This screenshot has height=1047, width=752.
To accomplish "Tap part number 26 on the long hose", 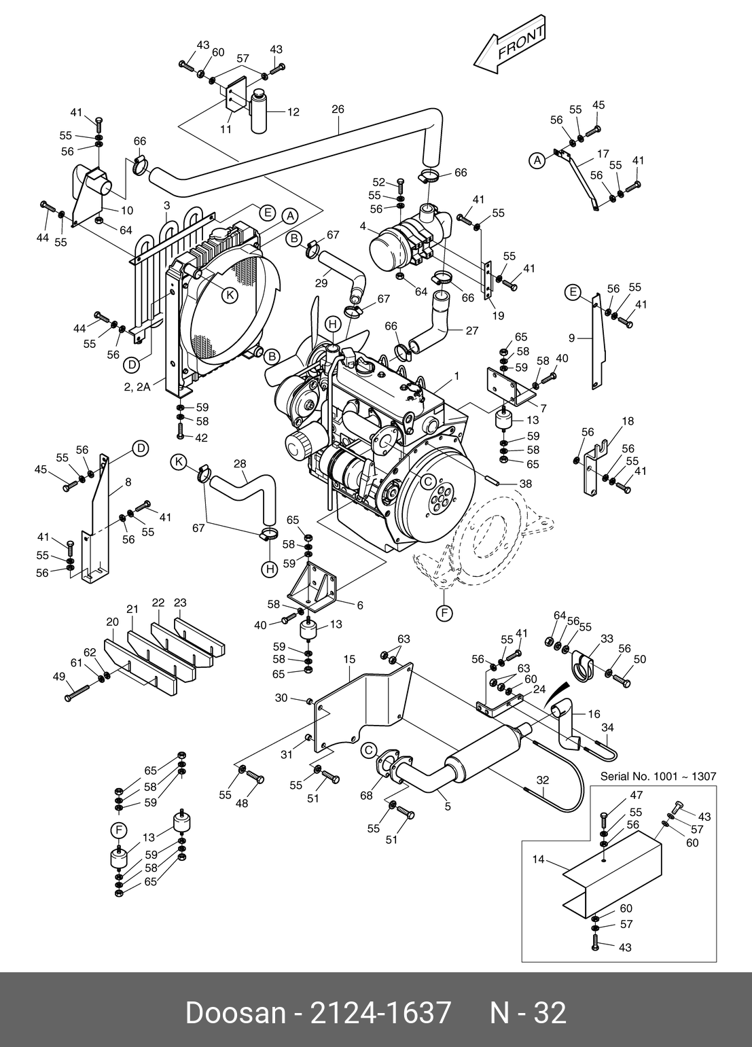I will tap(338, 109).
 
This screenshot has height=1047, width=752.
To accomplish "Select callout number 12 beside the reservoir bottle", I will tap(293, 112).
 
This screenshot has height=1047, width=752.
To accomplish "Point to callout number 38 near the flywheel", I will tap(526, 484).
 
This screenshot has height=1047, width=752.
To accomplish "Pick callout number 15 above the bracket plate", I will tap(349, 659).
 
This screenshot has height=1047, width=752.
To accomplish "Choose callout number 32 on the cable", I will tap(542, 780).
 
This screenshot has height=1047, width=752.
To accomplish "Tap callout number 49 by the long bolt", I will tap(59, 676).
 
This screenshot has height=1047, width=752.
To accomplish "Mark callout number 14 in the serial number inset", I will tap(539, 859).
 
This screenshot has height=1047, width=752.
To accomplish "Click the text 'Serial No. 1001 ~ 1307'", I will tap(658, 776).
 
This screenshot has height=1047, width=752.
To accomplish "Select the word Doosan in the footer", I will tap(235, 1013).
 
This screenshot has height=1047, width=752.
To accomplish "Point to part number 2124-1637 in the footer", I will tap(380, 1013).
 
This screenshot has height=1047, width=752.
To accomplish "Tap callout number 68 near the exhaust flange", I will tap(367, 795).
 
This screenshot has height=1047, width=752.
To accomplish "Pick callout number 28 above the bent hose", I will tap(240, 463).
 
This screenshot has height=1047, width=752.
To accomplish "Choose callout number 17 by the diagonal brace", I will tap(603, 154).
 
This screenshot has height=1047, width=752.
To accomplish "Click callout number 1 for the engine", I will tap(457, 376).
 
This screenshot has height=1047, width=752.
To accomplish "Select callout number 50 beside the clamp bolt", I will tap(640, 659).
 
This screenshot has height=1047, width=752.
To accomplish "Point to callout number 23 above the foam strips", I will tap(180, 603).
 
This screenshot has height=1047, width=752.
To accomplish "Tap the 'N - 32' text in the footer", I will tap(528, 1013).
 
